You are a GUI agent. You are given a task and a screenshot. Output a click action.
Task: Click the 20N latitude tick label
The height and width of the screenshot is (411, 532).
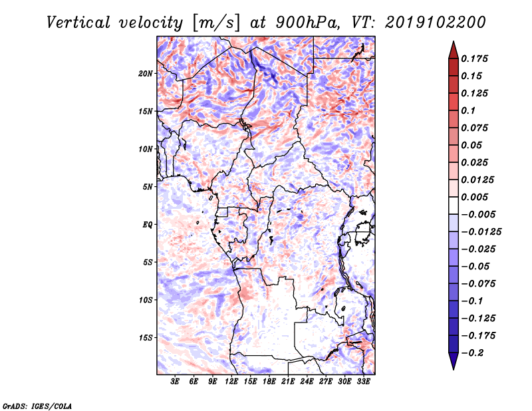click(146, 73)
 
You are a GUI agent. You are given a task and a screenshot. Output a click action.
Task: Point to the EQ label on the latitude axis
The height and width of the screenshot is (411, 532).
click(148, 225)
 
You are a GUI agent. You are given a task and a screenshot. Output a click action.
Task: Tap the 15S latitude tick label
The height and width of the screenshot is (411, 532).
click(146, 338)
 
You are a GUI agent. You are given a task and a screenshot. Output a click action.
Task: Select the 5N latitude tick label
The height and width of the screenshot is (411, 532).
click(148, 187)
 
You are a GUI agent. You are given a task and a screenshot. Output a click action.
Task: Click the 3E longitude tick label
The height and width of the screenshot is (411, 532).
click(176, 382)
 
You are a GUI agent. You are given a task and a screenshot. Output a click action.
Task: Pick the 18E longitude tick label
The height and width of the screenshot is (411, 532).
click(269, 382)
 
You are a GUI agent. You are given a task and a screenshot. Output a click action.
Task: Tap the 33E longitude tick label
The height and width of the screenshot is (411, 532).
click(363, 382)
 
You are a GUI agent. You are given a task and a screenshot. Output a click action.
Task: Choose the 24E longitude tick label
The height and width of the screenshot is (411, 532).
click(307, 382)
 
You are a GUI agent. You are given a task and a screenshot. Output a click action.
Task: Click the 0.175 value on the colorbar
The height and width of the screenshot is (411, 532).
click(475, 59)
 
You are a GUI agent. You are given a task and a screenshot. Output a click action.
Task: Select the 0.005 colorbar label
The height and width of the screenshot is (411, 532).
click(475, 198)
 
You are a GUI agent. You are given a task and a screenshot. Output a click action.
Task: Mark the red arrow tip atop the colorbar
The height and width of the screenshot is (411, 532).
click(453, 45)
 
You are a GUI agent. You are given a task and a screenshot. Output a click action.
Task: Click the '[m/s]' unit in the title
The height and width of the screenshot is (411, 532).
click(213, 22)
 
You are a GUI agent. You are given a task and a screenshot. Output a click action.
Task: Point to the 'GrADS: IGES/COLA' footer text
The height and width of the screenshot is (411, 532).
click(37, 405)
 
